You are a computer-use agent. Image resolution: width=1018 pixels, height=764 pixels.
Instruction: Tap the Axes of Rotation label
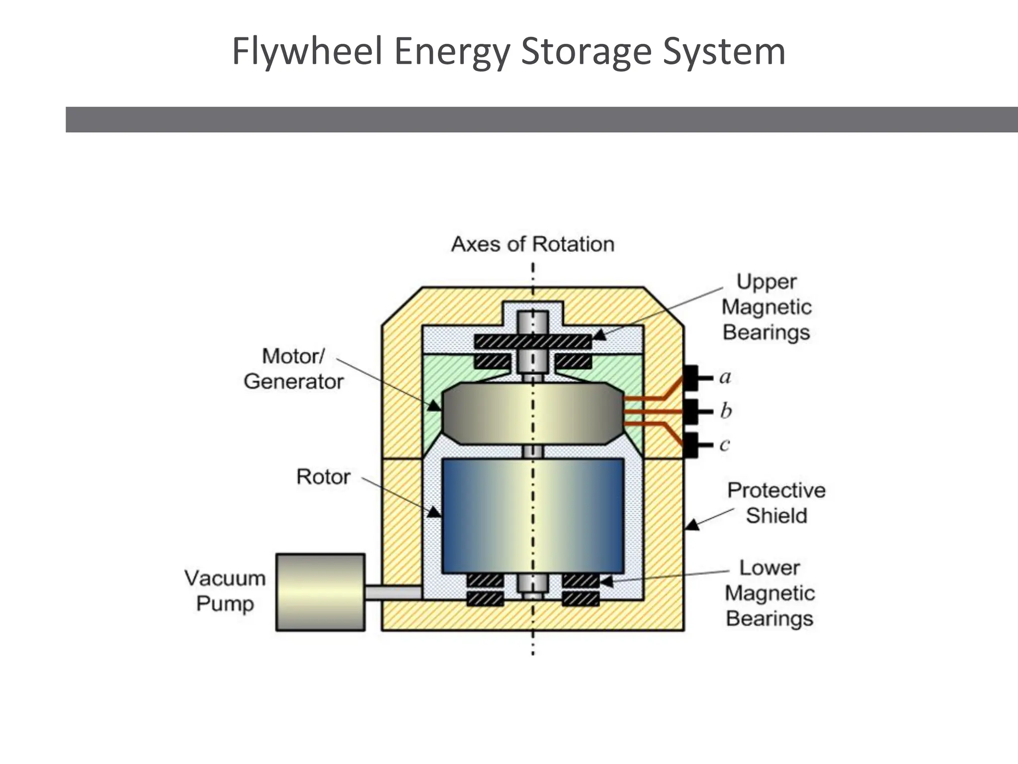[x=532, y=244]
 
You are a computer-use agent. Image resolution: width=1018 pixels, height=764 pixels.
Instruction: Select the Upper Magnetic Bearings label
[x=766, y=307]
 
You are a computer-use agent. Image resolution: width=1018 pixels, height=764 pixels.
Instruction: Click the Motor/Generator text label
[x=293, y=369]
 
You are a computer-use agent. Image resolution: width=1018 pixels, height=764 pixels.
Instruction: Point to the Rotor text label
[x=323, y=477]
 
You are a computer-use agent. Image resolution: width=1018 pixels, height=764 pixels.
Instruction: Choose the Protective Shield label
[x=776, y=503]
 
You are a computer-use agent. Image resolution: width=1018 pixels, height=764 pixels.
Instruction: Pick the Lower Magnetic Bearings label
[x=769, y=593]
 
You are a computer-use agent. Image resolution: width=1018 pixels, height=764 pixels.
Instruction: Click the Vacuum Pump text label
[x=225, y=591]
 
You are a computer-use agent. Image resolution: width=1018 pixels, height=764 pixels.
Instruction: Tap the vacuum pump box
[x=321, y=592]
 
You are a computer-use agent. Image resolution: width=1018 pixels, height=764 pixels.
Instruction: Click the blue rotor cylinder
[x=532, y=515]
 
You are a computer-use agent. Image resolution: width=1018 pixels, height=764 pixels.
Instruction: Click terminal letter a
[x=725, y=377]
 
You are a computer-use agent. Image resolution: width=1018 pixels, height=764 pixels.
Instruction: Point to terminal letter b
[x=726, y=411]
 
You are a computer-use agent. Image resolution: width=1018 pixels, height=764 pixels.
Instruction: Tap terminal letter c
[x=725, y=444]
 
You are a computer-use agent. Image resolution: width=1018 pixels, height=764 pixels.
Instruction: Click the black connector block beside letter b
[x=691, y=411]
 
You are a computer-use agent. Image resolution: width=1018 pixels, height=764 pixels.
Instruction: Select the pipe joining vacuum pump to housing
[x=393, y=592]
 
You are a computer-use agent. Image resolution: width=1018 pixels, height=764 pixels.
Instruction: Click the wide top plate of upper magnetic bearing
[x=532, y=341]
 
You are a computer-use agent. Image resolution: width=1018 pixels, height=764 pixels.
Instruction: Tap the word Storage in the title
[x=586, y=52]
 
